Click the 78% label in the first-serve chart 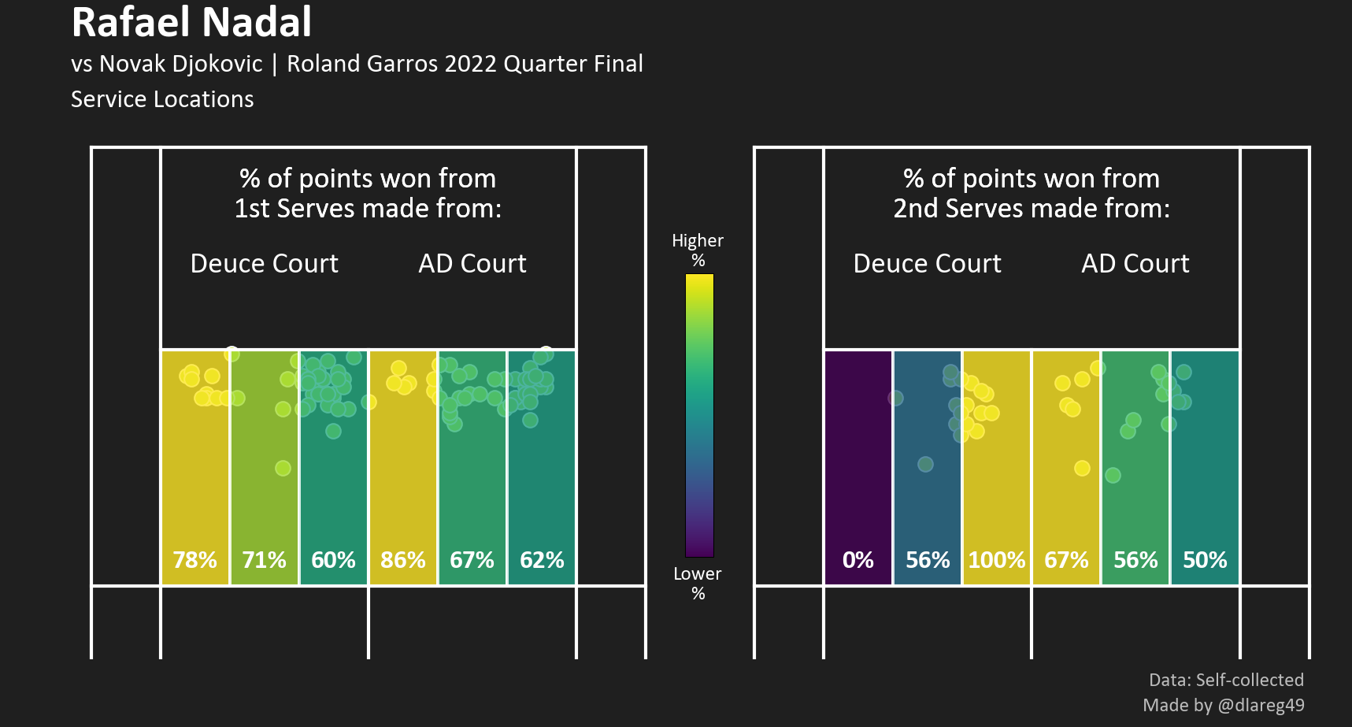coord(194,560)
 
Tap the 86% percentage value coord(402,560)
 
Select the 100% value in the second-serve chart coord(996,560)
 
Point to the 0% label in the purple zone coord(858,560)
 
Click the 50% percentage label coord(1205,560)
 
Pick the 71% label coord(264,560)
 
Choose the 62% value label coord(542,560)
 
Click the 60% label coord(333,560)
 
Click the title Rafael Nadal coord(191,22)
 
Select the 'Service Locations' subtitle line coord(162,99)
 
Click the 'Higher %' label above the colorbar coord(698,250)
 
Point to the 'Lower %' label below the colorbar coord(698,583)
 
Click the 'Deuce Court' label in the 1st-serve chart coord(264,263)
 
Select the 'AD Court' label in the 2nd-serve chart coord(1135,263)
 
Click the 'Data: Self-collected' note coord(1226,680)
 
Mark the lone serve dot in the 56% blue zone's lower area coord(925,464)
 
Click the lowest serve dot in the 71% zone coord(283,468)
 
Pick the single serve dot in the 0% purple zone coord(895,398)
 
